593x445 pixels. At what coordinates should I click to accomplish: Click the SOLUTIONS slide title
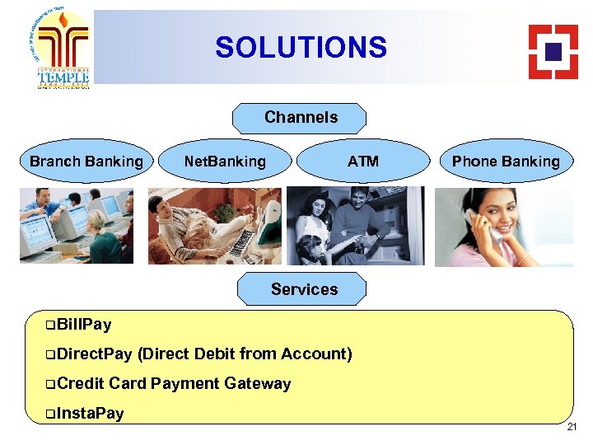click(x=301, y=47)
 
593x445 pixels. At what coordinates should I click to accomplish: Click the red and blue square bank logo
click(x=553, y=51)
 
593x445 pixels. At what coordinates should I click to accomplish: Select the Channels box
click(x=301, y=118)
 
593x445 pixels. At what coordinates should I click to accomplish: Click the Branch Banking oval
click(x=86, y=162)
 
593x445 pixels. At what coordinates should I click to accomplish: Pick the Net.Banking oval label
click(x=225, y=162)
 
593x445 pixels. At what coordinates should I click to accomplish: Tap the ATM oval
click(x=362, y=162)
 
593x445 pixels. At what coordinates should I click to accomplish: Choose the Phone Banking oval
click(x=505, y=162)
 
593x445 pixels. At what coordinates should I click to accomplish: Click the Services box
click(x=304, y=289)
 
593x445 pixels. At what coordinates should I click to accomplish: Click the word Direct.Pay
click(x=95, y=354)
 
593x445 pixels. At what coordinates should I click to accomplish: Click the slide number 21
click(x=572, y=427)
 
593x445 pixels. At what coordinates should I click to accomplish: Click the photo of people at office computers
click(x=76, y=225)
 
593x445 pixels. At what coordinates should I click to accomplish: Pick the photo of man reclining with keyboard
click(x=214, y=225)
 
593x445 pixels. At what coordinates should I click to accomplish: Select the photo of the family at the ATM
click(x=355, y=225)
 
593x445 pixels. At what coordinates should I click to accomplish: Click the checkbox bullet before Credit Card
click(x=51, y=383)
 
